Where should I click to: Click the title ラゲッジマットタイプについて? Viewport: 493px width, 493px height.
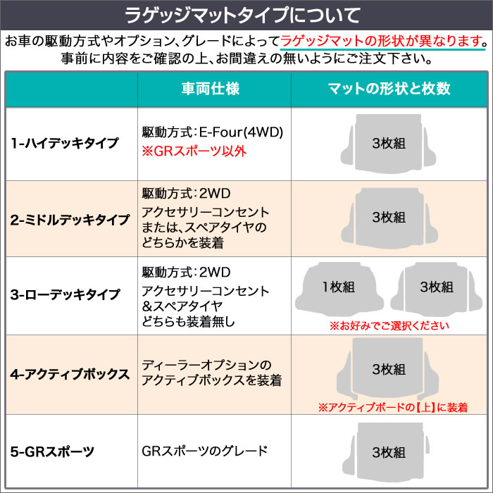pyautogui.click(x=242, y=15)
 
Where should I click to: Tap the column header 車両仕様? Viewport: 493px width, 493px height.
pyautogui.click(x=211, y=89)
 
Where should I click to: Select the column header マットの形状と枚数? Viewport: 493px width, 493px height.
pyautogui.click(x=389, y=89)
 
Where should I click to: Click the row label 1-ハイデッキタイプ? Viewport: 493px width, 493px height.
pyautogui.click(x=65, y=143)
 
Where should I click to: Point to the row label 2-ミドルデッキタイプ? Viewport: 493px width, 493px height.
pyautogui.click(x=70, y=220)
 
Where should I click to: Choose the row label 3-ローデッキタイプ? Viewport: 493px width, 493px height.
pyautogui.click(x=65, y=294)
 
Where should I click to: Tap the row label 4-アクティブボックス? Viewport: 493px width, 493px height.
pyautogui.click(x=70, y=374)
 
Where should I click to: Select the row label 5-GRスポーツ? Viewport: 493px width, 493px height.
pyautogui.click(x=52, y=452)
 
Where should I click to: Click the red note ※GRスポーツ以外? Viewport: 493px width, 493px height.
pyautogui.click(x=194, y=151)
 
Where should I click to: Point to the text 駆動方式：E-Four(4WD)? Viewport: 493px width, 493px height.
pyautogui.click(x=213, y=132)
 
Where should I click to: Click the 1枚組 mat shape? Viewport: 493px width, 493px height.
pyautogui.click(x=339, y=289)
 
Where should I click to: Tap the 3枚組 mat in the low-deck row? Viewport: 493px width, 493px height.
pyautogui.click(x=437, y=289)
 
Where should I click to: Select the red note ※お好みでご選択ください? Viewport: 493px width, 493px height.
pyautogui.click(x=389, y=325)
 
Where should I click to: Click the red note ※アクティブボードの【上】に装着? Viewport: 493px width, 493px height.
pyautogui.click(x=393, y=408)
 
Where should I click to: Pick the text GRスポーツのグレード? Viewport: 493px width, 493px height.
pyautogui.click(x=205, y=451)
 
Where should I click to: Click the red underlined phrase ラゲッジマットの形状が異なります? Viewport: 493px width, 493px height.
pyautogui.click(x=382, y=41)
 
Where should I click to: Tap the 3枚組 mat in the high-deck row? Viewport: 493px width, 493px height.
pyautogui.click(x=389, y=144)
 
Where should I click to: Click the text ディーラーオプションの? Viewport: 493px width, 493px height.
pyautogui.click(x=206, y=365)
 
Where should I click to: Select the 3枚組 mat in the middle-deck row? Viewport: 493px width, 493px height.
pyautogui.click(x=389, y=218)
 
